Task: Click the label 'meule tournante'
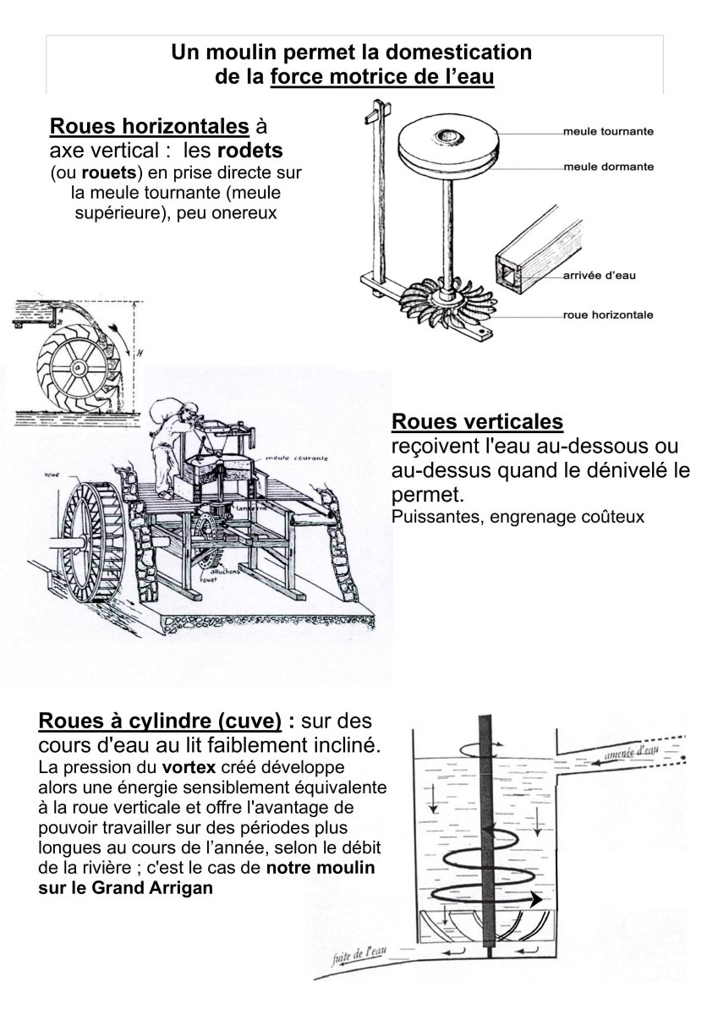(608, 132)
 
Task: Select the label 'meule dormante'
(608, 167)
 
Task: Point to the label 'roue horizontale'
(608, 315)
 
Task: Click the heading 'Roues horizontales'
(150, 127)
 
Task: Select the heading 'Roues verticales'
(478, 420)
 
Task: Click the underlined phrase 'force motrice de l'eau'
(382, 76)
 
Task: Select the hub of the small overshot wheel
(77, 367)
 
